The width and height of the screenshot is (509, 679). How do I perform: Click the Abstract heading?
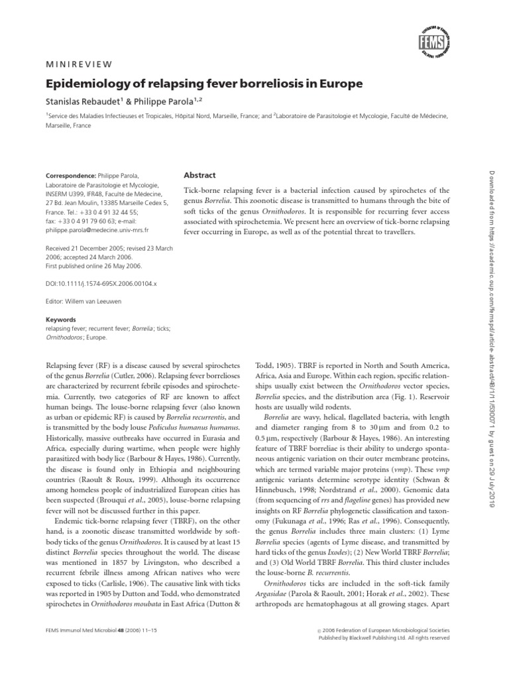[199, 175]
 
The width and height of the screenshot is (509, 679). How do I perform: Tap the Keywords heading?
[60, 319]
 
